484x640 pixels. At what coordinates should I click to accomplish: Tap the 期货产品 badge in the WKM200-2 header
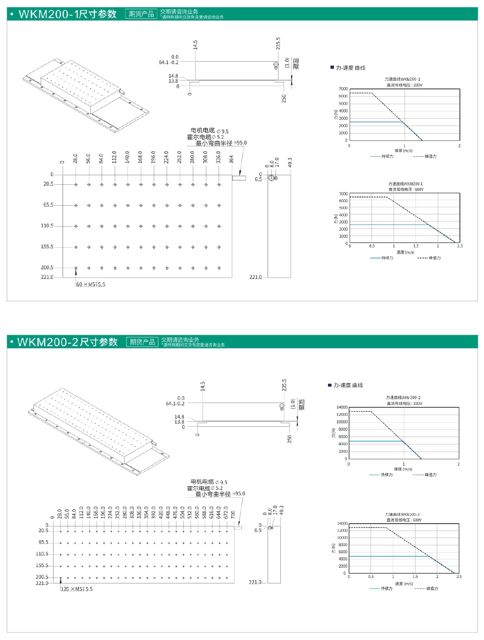click(142, 342)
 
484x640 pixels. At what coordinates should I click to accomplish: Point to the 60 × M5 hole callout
click(91, 284)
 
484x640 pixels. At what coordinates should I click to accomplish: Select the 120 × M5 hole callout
click(77, 589)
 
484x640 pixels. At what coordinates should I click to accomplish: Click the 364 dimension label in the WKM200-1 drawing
click(231, 159)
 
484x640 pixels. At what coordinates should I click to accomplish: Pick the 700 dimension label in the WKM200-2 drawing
click(233, 515)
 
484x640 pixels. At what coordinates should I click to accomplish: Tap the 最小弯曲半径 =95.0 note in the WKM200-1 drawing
click(221, 143)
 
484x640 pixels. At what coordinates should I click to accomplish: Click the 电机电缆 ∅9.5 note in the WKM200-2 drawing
click(209, 482)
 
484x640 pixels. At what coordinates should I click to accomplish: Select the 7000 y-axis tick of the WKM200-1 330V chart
click(343, 89)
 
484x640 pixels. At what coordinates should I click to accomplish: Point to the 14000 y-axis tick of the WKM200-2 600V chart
click(342, 523)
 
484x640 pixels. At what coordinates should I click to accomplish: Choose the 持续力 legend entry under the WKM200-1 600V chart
click(382, 258)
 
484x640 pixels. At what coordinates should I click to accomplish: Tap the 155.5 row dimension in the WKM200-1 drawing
click(47, 247)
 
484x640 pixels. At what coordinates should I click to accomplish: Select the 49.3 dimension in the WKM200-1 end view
click(290, 162)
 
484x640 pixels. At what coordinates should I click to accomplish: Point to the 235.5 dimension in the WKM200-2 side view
click(284, 385)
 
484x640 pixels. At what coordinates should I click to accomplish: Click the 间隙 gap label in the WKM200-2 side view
click(302, 404)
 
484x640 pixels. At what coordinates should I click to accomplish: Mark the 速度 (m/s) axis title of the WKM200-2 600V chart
click(404, 583)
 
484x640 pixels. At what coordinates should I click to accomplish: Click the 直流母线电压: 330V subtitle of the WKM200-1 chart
click(404, 85)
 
